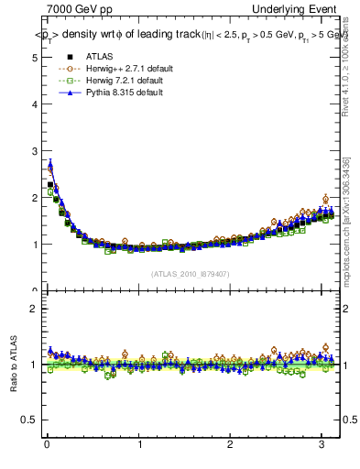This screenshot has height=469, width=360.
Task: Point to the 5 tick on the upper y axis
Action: pos(33,57)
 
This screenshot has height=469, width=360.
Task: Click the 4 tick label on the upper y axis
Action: pos(33,104)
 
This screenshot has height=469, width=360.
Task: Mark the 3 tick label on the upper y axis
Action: pos(33,150)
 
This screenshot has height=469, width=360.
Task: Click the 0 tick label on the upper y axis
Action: pos(33,290)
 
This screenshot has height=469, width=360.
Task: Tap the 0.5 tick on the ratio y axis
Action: pos(29,420)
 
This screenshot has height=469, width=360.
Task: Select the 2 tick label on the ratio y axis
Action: pos(33,309)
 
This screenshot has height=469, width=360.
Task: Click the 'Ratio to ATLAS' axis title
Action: pos(13,365)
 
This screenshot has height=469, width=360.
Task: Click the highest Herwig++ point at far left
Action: pos(50,169)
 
